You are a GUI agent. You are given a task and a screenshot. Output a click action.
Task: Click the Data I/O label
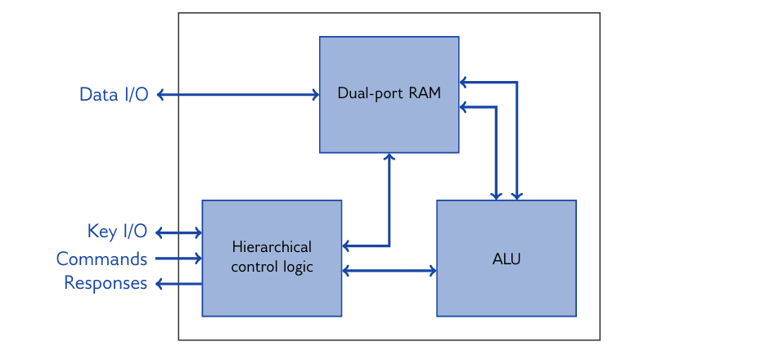(x=114, y=95)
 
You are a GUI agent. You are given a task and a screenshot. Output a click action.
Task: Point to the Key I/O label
(x=117, y=232)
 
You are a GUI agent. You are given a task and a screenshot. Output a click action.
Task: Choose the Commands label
(x=101, y=259)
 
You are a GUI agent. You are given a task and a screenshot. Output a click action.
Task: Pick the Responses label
(x=106, y=284)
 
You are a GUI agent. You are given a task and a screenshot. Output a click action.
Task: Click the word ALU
(x=507, y=260)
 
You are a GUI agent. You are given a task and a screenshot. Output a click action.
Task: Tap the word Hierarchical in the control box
(x=272, y=247)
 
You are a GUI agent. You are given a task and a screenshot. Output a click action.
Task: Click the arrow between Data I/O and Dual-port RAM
(x=237, y=95)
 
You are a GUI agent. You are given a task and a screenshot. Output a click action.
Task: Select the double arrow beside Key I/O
(x=178, y=233)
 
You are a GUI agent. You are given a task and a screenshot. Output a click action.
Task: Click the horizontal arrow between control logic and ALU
(x=389, y=270)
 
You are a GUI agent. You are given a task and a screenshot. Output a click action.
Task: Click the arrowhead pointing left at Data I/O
(x=160, y=95)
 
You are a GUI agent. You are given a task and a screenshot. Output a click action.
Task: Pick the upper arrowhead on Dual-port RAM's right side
(x=464, y=82)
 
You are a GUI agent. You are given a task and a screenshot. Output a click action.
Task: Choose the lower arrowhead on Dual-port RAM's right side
(x=464, y=107)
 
